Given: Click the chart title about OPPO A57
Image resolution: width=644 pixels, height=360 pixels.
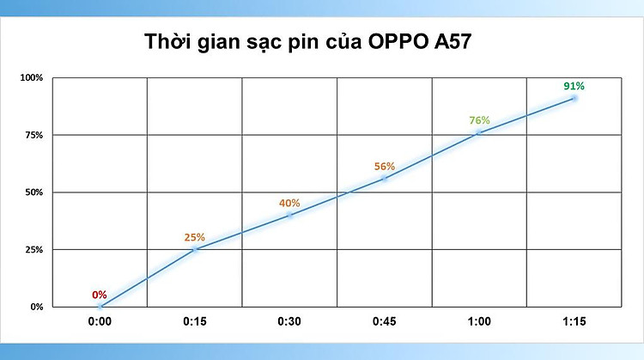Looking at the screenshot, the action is (308, 42).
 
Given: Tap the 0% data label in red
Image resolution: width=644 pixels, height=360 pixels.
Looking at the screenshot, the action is (100, 295).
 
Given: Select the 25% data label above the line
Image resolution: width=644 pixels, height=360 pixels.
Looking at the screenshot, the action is (195, 237).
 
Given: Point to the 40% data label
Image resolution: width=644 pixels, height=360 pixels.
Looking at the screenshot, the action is (289, 203).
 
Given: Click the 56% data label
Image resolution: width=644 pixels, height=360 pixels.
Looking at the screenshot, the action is (385, 167).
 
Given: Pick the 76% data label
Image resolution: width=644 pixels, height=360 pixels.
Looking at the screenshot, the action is (479, 120).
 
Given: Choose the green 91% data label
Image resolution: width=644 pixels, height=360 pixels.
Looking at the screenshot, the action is (574, 86).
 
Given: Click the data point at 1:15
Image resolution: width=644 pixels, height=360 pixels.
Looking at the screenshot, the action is (574, 98).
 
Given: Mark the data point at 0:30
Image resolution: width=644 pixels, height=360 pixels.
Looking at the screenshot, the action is (289, 215).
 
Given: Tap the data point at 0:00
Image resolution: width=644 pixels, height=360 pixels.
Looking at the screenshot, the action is (100, 307).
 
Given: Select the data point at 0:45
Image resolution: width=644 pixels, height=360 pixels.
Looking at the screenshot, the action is (385, 179).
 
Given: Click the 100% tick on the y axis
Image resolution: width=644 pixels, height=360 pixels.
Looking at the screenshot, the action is (32, 77).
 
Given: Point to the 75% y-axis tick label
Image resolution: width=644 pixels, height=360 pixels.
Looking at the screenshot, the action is (34, 135).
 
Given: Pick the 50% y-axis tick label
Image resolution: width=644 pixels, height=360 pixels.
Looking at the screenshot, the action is (34, 192).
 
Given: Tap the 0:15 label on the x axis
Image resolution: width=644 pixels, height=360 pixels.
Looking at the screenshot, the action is (195, 321).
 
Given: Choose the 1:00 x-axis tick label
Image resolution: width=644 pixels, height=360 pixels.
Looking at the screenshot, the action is (479, 321).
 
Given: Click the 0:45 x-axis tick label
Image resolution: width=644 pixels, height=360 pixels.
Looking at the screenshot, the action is (385, 321).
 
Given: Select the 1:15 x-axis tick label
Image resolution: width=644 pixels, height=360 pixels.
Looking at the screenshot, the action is (574, 321).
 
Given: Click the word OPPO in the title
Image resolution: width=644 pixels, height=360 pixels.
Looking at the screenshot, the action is (398, 41).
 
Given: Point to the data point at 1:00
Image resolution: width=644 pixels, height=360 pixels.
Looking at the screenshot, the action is (479, 132).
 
